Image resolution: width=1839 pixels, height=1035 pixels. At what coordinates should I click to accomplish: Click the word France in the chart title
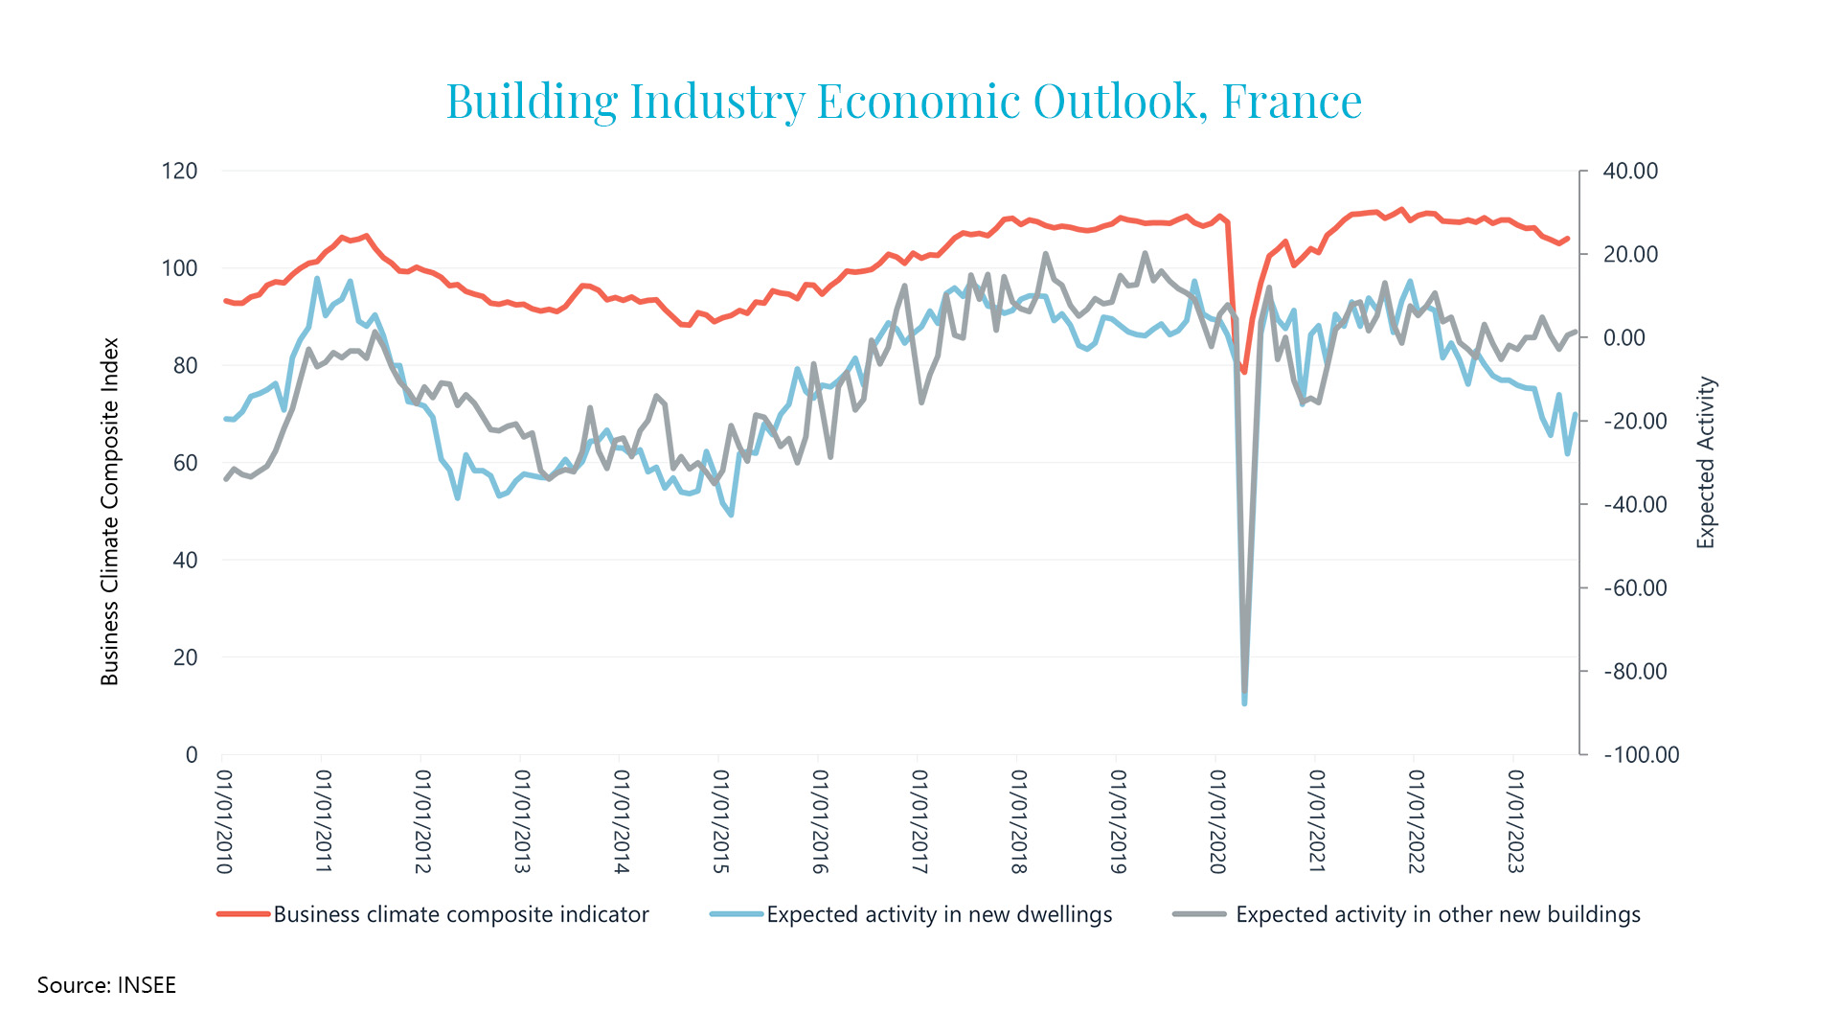point(1292,101)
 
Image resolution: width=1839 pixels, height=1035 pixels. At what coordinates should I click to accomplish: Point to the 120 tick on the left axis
point(179,171)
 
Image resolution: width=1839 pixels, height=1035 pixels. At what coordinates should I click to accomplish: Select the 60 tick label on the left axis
point(185,463)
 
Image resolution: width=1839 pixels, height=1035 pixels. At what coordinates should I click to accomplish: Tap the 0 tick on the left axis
point(192,755)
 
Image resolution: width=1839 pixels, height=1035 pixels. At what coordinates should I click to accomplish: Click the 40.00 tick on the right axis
point(1630,171)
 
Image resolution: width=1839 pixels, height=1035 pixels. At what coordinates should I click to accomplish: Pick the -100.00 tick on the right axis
point(1642,755)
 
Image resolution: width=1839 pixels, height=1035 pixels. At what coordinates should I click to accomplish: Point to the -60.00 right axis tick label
point(1636,588)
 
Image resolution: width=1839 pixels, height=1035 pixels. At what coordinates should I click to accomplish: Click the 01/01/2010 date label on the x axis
point(224,821)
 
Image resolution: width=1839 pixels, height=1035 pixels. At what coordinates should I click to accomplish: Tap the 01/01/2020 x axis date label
point(1217,821)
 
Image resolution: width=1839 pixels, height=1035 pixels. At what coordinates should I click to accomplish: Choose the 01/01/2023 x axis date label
point(1515,821)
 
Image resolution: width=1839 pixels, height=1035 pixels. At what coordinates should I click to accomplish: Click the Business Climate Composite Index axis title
point(110,512)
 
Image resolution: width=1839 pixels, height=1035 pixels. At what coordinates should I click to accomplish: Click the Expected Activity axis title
point(1706,463)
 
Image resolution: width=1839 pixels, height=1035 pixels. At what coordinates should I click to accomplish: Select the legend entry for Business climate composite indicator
point(433,914)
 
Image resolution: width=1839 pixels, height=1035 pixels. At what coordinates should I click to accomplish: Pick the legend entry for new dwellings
point(911,914)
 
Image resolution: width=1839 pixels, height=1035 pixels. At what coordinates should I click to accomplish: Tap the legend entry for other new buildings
point(1407,914)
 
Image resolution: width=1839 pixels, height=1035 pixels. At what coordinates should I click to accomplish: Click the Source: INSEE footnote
point(106,985)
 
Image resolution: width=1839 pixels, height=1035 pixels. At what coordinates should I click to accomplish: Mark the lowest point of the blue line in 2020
point(1244,703)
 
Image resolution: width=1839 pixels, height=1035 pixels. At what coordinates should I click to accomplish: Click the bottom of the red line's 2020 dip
point(1244,372)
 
